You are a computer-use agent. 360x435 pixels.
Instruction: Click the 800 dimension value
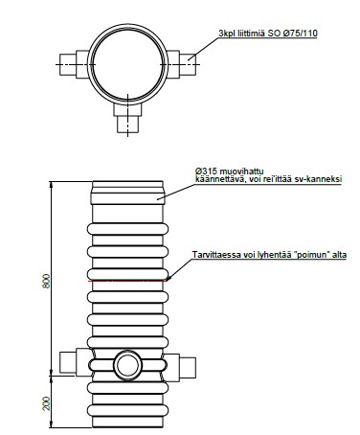(47, 281)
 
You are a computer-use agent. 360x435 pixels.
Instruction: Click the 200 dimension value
(47, 403)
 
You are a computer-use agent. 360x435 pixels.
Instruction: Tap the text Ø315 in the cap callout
(204, 172)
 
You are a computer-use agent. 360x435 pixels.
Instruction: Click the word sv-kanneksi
(323, 179)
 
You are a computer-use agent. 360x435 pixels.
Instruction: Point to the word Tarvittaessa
(213, 255)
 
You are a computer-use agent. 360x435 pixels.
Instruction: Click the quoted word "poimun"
(314, 255)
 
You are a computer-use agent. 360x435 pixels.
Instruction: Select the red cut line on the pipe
(127, 281)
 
